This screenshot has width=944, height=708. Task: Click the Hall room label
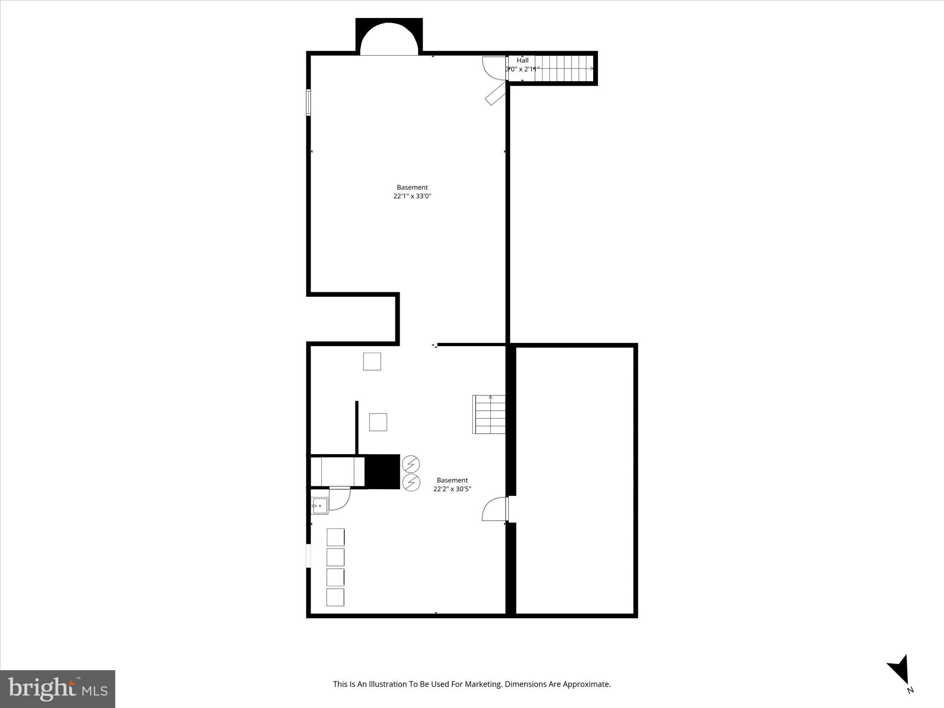[522, 60]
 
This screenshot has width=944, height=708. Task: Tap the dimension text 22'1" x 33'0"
[412, 196]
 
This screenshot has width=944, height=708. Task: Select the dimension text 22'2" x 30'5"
[452, 489]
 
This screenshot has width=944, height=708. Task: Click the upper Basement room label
[412, 187]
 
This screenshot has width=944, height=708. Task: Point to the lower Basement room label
[452, 480]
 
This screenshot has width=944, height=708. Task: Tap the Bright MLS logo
[57, 689]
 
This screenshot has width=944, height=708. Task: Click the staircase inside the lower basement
[490, 414]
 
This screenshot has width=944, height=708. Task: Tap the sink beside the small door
[319, 506]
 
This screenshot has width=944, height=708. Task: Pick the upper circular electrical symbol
[411, 463]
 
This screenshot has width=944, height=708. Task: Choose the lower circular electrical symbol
[411, 483]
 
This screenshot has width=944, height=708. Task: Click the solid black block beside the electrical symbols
[382, 471]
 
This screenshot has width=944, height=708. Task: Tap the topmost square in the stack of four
[336, 537]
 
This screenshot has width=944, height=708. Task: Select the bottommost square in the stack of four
[335, 597]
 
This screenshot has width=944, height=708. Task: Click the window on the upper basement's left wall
[308, 102]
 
